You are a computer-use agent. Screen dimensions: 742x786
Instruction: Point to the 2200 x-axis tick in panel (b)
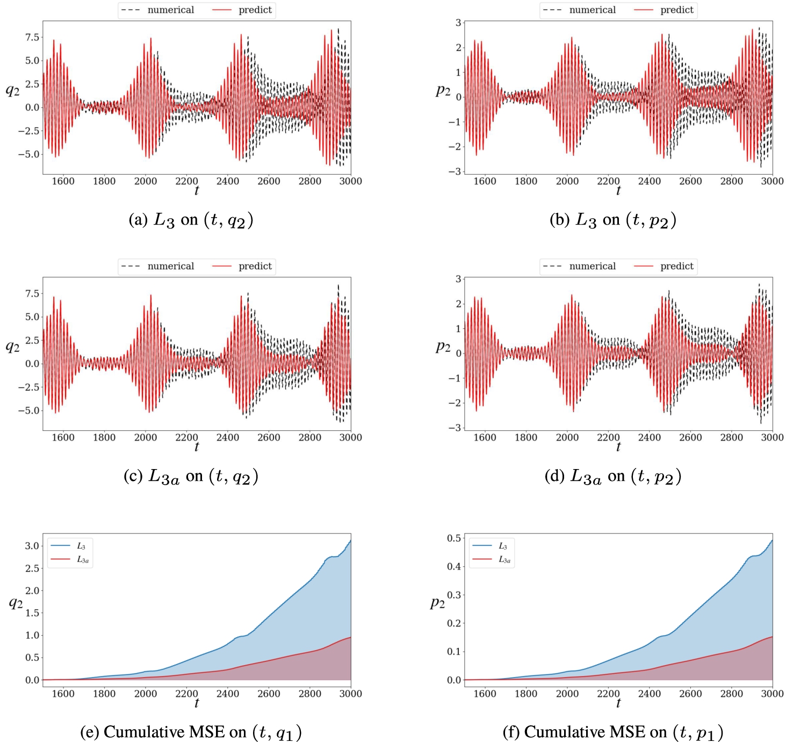pyautogui.click(x=608, y=181)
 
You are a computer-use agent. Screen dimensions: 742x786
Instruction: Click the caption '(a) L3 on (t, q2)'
pyautogui.click(x=191, y=220)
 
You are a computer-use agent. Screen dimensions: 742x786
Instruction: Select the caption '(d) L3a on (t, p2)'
pyautogui.click(x=612, y=477)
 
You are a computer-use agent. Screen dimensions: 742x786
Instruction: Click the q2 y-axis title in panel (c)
pyautogui.click(x=12, y=346)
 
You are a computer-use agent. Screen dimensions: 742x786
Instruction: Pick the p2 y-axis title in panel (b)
pyautogui.click(x=443, y=90)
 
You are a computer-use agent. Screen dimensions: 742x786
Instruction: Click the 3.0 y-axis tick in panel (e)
pyautogui.click(x=32, y=546)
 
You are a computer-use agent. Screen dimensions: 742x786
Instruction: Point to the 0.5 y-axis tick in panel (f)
pyautogui.click(x=454, y=538)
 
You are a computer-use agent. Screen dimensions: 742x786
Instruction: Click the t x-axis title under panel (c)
pyautogui.click(x=197, y=447)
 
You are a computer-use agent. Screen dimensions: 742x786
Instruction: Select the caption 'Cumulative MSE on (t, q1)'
pyautogui.click(x=191, y=732)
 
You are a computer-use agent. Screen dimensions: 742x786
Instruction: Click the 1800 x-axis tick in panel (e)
pyautogui.click(x=104, y=694)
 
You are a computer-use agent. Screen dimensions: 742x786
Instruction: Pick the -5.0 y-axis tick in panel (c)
pyautogui.click(x=29, y=410)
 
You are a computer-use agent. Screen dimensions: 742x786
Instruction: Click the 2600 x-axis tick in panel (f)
pyautogui.click(x=690, y=694)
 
